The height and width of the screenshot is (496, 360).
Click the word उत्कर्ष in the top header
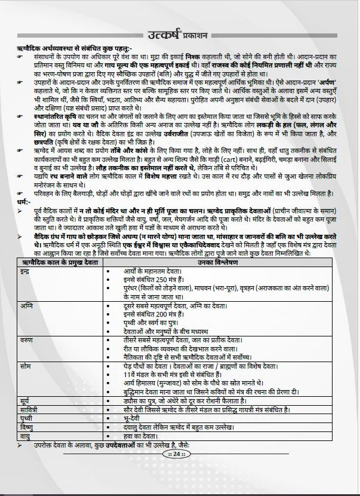[167, 34]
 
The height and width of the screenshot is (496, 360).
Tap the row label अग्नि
[26, 304]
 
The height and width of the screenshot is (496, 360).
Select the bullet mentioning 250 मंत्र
[146, 280]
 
